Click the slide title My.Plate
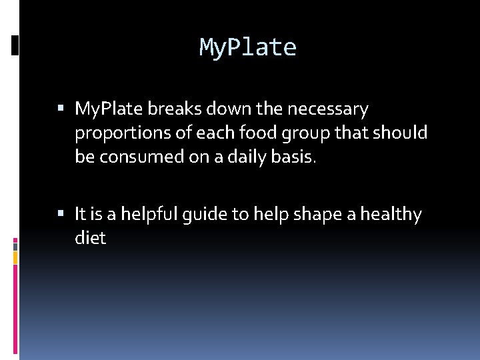(x=247, y=47)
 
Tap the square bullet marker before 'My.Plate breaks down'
(x=61, y=107)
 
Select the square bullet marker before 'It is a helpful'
(x=61, y=213)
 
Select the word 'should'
(x=400, y=132)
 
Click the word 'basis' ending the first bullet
(x=300, y=157)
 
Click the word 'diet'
(x=90, y=239)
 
